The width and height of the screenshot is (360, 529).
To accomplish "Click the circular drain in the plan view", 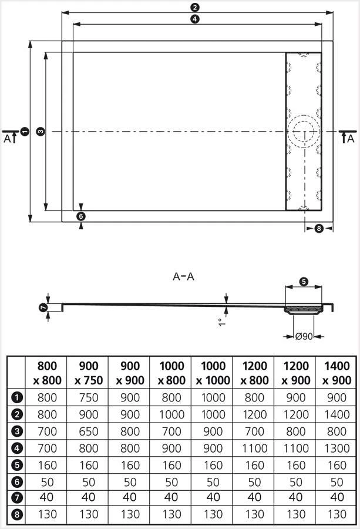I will pos(304,130).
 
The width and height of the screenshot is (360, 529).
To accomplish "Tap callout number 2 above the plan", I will pos(194,8).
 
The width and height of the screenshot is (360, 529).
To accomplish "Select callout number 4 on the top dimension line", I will pos(194,19).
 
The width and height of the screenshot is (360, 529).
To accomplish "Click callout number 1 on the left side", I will pos(23,132).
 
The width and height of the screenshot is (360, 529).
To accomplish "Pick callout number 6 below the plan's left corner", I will pos(81,216).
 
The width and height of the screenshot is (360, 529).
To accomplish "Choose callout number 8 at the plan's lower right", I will pos(319,228).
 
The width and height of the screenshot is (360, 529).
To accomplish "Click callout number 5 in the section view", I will pos(304,282).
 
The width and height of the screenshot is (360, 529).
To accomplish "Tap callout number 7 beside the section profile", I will pos(43,308).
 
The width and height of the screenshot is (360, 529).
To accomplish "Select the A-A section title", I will pos(183,276).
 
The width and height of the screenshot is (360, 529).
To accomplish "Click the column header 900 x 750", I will pos(88,373).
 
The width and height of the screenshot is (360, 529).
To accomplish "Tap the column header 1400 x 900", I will pos(337,373).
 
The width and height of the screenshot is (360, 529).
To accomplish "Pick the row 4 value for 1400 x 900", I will pos(337,448).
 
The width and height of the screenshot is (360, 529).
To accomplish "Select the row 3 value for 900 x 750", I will pos(88,431).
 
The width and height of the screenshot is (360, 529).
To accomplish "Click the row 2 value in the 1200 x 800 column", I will pos(254,414).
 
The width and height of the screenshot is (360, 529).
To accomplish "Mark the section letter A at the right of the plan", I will pos(351,139).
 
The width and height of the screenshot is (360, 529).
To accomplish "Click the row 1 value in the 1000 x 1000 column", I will pos(212,397).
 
